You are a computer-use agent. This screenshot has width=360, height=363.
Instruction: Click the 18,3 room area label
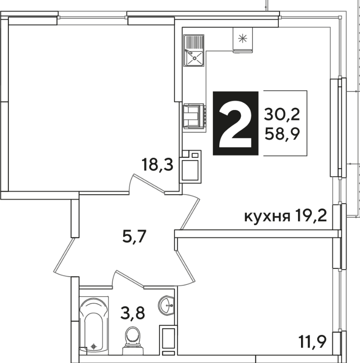point(158,164)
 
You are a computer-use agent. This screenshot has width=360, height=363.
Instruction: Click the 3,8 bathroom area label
point(133,313)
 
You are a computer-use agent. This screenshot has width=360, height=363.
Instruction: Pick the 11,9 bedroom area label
point(313,342)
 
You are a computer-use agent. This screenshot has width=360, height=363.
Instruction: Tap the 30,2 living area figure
point(282,115)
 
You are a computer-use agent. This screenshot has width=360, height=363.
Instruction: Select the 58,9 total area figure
point(282,134)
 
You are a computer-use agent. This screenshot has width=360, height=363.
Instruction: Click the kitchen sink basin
point(194,58)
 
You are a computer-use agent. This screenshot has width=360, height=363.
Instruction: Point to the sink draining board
point(194,42)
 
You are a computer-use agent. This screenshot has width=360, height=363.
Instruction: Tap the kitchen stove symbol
point(194,116)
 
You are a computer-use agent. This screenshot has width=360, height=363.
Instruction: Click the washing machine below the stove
point(191,167)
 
